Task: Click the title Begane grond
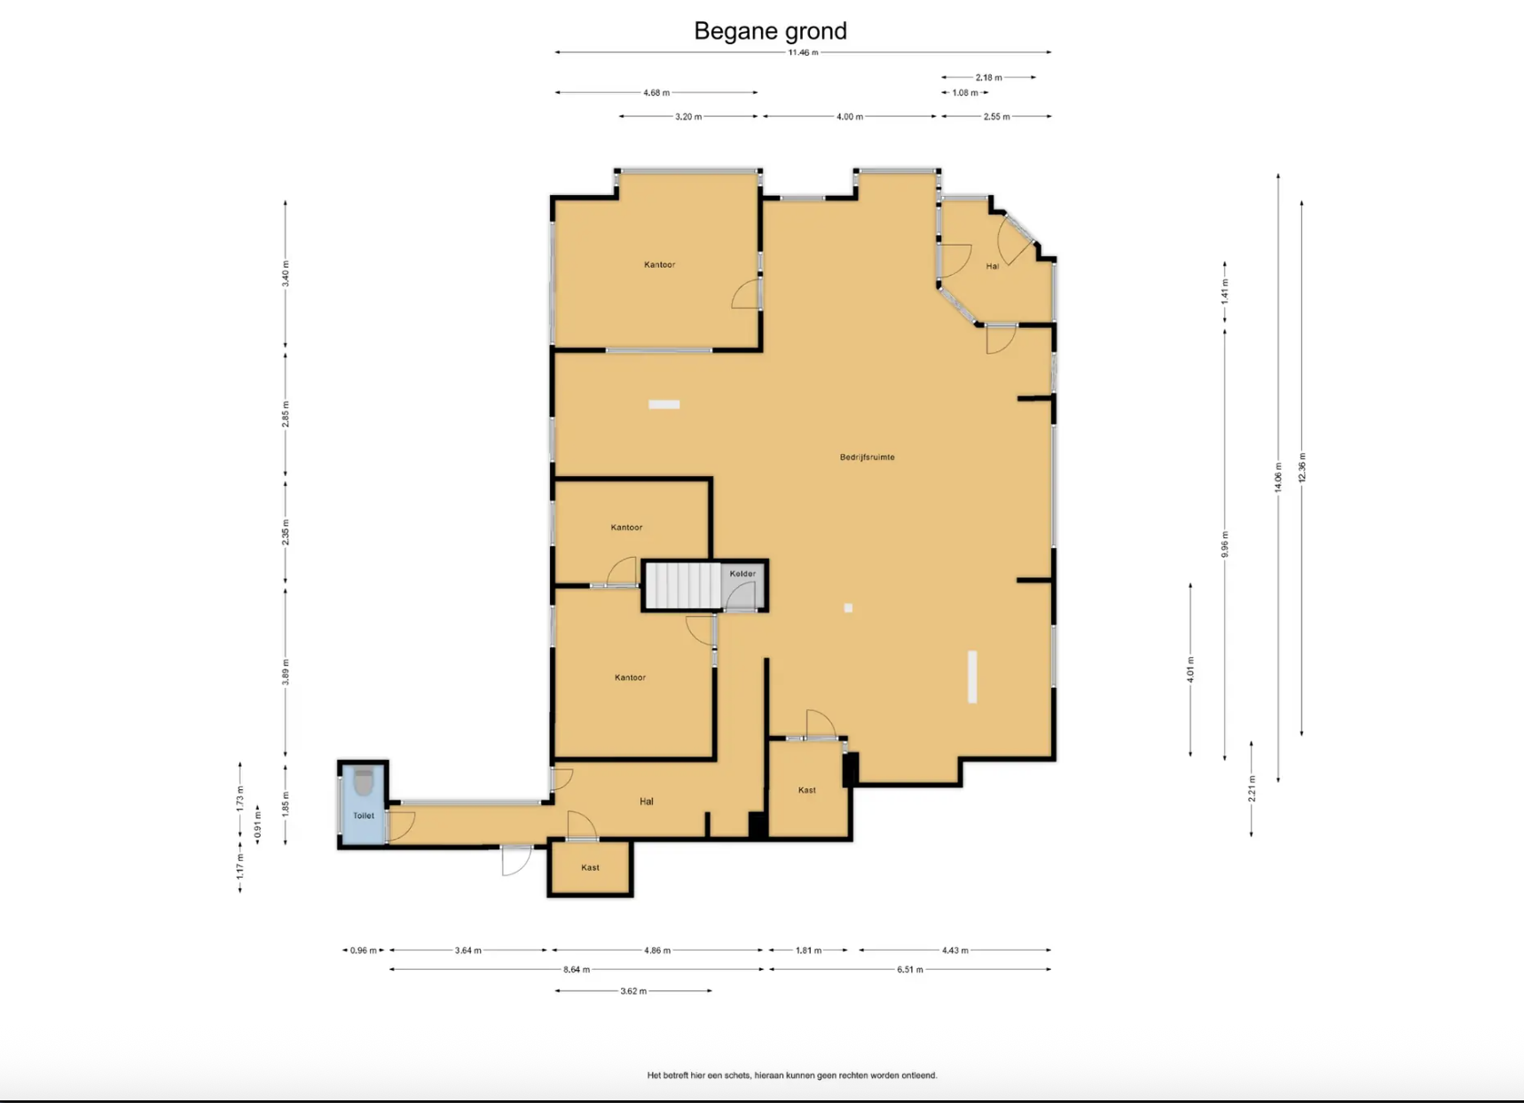770,31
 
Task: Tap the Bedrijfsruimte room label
867,458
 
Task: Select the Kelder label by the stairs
742,574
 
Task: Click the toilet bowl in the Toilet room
364,782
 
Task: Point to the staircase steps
682,585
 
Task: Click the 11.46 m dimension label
803,52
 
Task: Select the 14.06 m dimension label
1278,477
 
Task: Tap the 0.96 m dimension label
363,950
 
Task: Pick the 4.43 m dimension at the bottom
954,950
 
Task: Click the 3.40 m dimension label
286,273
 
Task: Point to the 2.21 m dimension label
1252,788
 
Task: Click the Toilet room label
364,816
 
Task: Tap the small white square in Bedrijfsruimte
848,608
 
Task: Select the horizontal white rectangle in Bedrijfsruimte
664,404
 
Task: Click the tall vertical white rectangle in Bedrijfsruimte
972,677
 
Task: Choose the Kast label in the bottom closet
590,868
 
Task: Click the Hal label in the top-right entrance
993,266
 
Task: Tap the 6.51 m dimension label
909,970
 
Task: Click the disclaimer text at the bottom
792,1076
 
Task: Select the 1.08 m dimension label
965,93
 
